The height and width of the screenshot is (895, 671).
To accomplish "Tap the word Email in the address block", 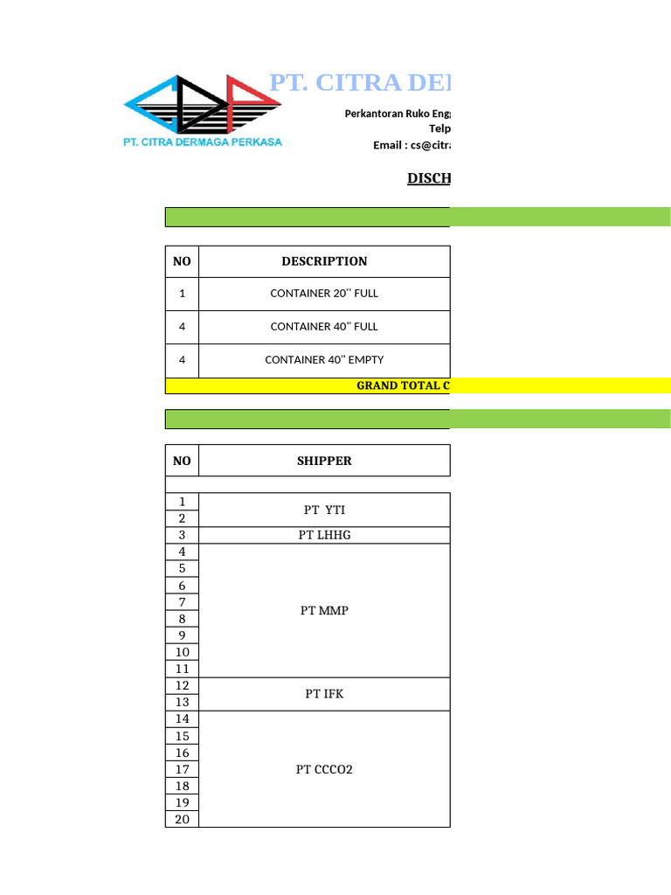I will (x=388, y=145).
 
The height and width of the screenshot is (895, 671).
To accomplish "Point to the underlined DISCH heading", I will (x=428, y=179).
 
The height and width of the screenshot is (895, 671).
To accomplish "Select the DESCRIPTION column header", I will (x=324, y=261).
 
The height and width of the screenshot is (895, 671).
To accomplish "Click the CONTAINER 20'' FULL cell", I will (x=324, y=294).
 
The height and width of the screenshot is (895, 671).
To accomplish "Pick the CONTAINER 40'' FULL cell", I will (x=324, y=327).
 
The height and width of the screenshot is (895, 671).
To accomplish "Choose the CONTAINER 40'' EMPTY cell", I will (x=324, y=360).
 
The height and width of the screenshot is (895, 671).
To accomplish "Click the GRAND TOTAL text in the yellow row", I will (x=402, y=385).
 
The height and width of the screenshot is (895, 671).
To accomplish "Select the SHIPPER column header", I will (x=324, y=461).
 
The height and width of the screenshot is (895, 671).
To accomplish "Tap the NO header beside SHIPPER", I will (x=183, y=461).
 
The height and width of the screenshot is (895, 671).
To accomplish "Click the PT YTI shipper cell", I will (x=324, y=510).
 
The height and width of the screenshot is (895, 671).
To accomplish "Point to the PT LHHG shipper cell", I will (x=324, y=535).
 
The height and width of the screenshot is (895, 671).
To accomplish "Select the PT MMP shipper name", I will (x=324, y=611).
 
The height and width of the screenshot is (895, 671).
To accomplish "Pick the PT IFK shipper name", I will (x=324, y=694).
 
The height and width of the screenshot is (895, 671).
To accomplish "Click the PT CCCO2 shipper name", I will (x=324, y=770).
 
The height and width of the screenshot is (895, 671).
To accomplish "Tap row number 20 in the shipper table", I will (x=183, y=820).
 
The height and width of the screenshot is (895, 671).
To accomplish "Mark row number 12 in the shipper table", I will (x=183, y=686).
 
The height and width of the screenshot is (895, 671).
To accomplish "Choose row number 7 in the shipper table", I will (x=183, y=602).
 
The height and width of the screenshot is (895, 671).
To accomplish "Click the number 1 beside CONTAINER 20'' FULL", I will (x=183, y=294).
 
